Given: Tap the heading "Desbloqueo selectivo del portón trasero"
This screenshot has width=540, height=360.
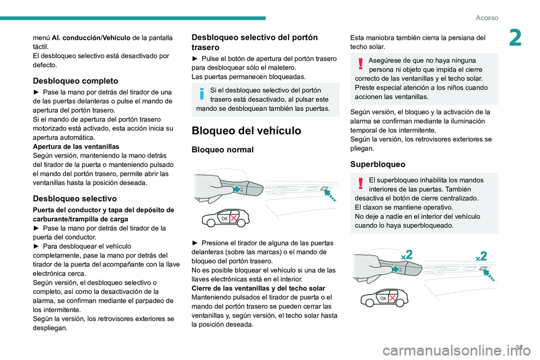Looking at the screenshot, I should click(x=254, y=42).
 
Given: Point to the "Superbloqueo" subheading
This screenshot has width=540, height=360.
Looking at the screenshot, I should click(x=377, y=165).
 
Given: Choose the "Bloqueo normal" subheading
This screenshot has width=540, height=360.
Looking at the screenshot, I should click(x=223, y=150).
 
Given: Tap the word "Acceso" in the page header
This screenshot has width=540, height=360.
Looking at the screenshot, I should click(x=487, y=17).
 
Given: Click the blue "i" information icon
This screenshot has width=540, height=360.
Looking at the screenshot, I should click(x=201, y=93).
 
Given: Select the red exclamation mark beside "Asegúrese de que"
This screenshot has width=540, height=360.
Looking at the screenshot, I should click(x=359, y=64).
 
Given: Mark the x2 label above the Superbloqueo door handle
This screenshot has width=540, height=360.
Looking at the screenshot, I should click(x=406, y=255).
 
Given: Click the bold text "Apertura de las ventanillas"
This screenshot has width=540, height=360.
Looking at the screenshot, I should click(x=69, y=145).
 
